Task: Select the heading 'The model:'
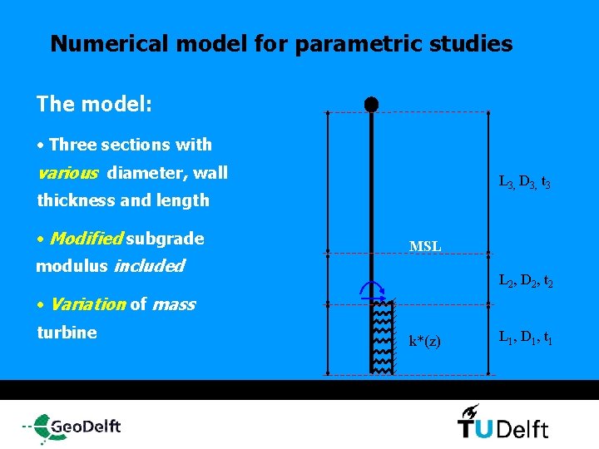[x=94, y=104]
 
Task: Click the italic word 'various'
[x=69, y=173]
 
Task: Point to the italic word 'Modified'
[x=87, y=239]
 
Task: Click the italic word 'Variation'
[x=87, y=304]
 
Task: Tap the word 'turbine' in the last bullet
[x=67, y=333]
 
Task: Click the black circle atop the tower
[x=371, y=105]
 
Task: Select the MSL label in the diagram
[x=425, y=246]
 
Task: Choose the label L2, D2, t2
[x=523, y=283]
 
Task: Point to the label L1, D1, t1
[x=523, y=338]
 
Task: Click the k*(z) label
[x=424, y=342]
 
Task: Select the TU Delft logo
[x=502, y=423]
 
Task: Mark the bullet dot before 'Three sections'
[x=41, y=146]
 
